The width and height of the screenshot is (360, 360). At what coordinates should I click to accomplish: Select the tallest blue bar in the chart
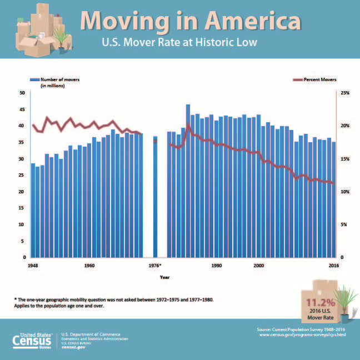click(x=188, y=181)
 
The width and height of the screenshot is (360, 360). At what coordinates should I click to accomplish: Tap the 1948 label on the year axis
click(x=33, y=266)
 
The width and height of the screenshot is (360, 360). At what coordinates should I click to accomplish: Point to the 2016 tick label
click(x=333, y=266)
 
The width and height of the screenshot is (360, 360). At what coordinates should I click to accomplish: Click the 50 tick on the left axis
click(x=22, y=93)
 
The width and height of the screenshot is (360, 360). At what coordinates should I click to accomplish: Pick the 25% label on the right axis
click(x=345, y=93)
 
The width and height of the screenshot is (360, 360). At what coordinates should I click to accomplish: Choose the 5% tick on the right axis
click(x=344, y=224)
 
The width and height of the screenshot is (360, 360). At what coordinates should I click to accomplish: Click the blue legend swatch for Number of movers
click(x=34, y=79)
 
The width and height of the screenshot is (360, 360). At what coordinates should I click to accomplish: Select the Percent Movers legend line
click(x=298, y=79)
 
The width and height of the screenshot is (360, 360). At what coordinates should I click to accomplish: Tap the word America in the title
click(x=253, y=21)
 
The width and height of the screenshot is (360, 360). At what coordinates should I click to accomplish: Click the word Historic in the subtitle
click(x=212, y=42)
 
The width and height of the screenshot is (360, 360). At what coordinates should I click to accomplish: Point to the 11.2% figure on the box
click(x=321, y=303)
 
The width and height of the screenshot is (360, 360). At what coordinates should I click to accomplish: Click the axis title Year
click(x=164, y=277)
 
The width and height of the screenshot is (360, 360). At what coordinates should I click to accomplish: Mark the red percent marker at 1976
click(x=155, y=141)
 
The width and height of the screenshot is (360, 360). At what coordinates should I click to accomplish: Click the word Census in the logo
click(x=32, y=341)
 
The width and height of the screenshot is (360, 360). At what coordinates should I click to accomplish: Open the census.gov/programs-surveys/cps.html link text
click(x=302, y=335)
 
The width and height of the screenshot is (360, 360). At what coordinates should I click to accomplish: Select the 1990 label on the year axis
click(x=217, y=266)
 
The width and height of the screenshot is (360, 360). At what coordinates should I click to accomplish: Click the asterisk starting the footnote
click(x=16, y=299)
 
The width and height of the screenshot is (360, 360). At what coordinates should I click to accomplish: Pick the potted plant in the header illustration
click(x=61, y=41)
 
